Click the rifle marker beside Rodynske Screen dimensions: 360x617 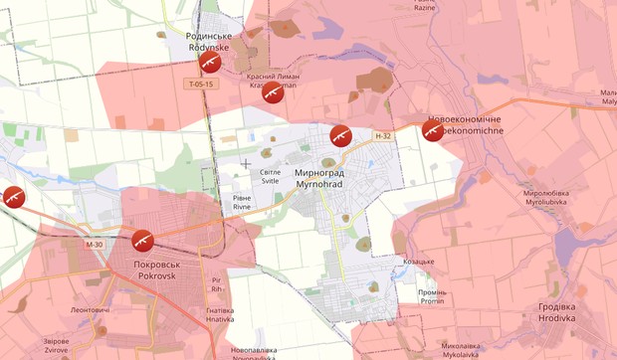(x=209, y=63)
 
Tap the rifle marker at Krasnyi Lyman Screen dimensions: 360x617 (x=273, y=93)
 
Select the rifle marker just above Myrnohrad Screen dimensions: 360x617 (x=340, y=135)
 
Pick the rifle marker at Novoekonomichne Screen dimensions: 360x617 (x=432, y=130)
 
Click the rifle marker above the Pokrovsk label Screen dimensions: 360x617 (x=141, y=240)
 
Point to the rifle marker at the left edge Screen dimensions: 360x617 (x=12, y=196)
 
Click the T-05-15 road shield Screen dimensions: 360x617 (x=200, y=85)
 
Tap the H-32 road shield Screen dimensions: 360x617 (x=384, y=136)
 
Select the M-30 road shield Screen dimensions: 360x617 (x=95, y=245)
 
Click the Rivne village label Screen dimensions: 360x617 (x=242, y=203)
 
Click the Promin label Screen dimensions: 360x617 (x=433, y=296)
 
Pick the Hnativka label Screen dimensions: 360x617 (x=220, y=314)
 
